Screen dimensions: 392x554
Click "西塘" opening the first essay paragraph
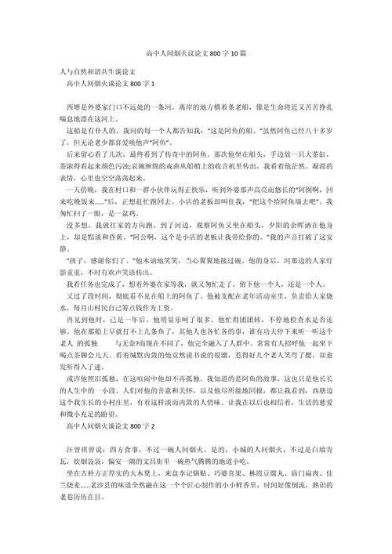76,105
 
